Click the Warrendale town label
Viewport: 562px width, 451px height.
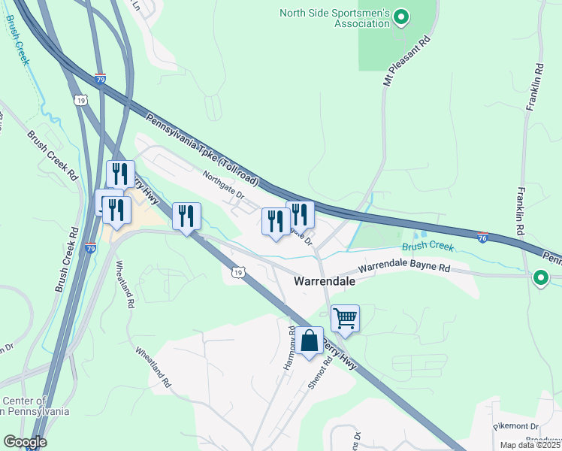tap(323, 280)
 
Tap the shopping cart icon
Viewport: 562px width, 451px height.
tap(345, 318)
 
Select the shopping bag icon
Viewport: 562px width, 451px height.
tap(309, 342)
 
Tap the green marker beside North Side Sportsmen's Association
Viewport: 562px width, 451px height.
tap(401, 16)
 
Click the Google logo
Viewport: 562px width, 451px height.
tap(25, 442)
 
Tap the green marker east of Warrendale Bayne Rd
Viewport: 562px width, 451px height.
tap(539, 279)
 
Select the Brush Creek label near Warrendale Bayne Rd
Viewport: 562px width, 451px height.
tap(428, 246)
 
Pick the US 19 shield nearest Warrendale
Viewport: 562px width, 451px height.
tap(237, 271)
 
